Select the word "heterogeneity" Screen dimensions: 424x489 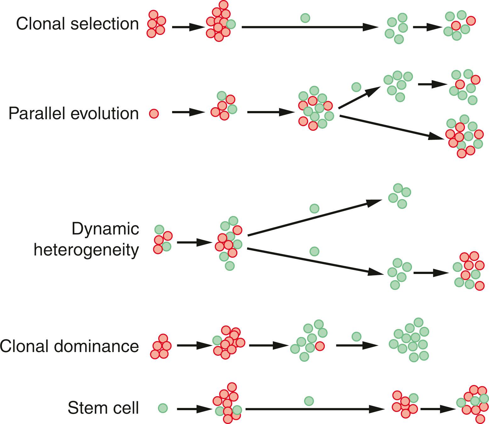(86, 250)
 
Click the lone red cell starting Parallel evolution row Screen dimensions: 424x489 (154, 114)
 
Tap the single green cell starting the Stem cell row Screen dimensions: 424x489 (163, 408)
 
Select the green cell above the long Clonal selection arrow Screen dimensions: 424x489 (305, 18)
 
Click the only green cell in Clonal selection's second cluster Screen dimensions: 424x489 (231, 24)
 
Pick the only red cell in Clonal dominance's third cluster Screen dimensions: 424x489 (320, 346)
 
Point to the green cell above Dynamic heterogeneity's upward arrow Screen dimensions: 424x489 (314, 208)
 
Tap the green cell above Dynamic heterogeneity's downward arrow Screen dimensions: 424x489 (314, 251)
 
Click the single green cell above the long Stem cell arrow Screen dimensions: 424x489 (309, 401)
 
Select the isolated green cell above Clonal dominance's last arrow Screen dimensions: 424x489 (356, 337)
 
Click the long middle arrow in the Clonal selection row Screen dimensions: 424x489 (310, 27)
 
